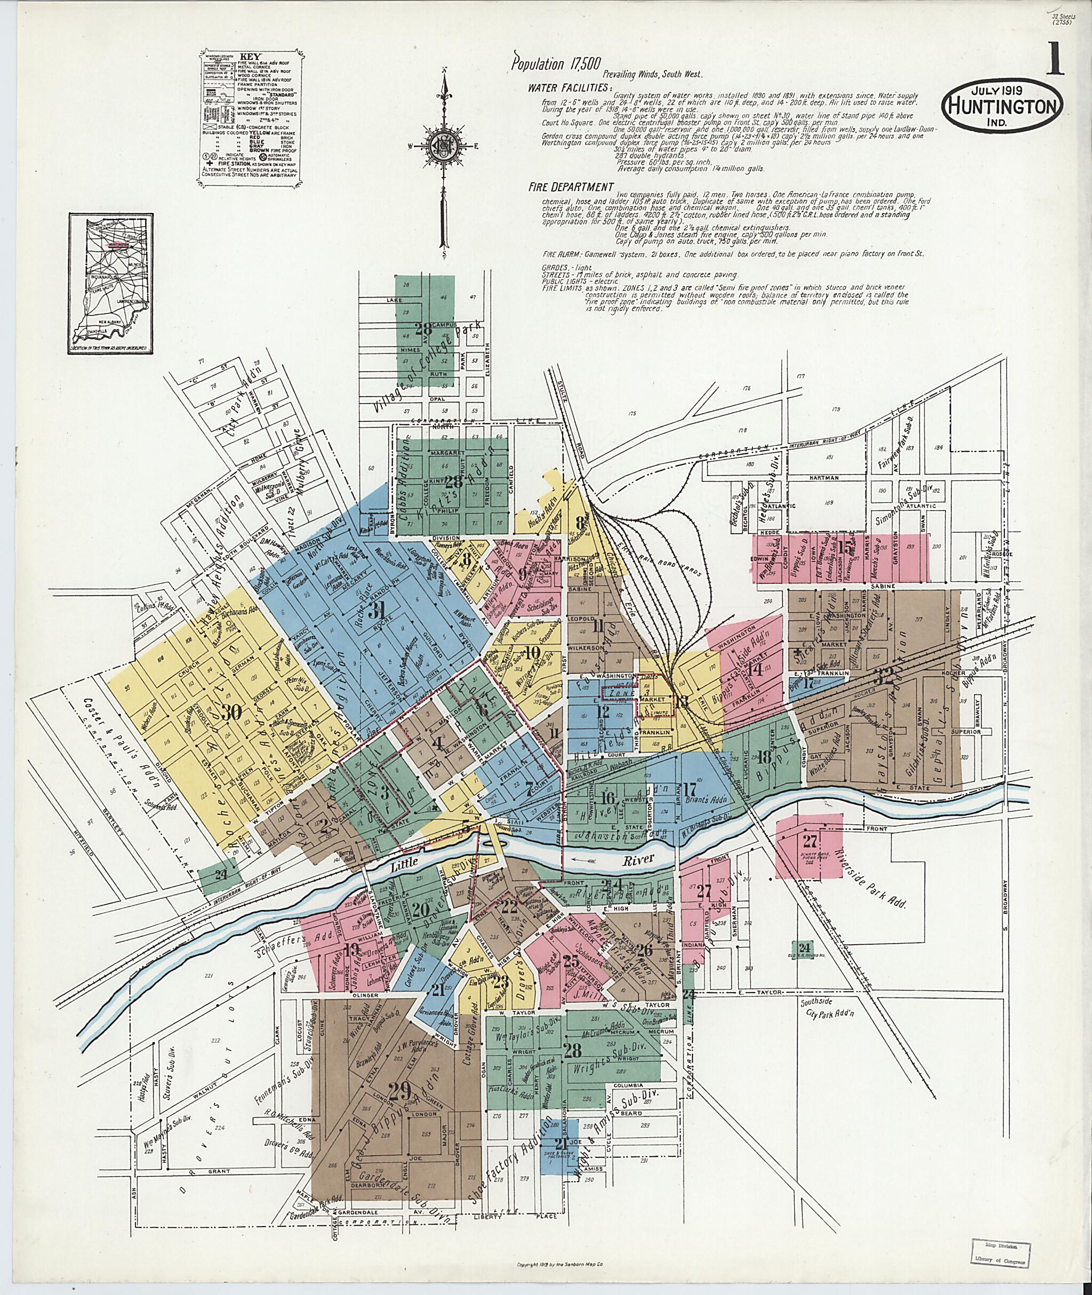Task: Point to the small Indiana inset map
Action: pyautogui.click(x=111, y=284)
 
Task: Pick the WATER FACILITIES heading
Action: pyautogui.click(x=570, y=87)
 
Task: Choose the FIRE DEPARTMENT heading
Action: pyautogui.click(x=570, y=187)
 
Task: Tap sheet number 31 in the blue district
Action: pyautogui.click(x=376, y=611)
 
